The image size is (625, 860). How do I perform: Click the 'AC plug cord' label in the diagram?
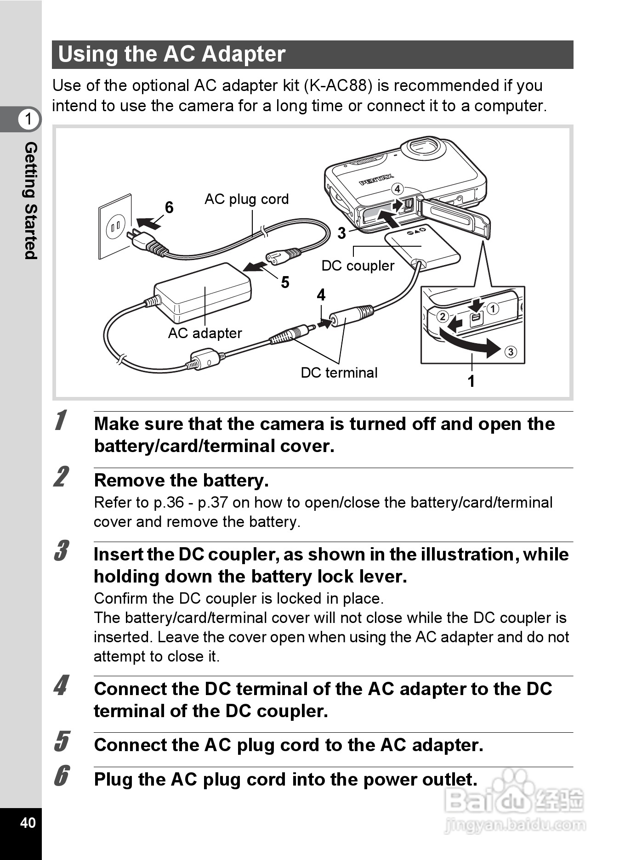pyautogui.click(x=246, y=199)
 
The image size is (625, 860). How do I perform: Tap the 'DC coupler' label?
pyautogui.click(x=358, y=266)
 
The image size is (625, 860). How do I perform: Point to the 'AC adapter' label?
pyautogui.click(x=205, y=333)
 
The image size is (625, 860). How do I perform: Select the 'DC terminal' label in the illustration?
pyautogui.click(x=339, y=373)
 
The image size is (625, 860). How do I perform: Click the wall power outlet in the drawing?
pyautogui.click(x=115, y=226)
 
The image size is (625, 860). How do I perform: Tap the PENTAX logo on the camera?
pyautogui.click(x=376, y=180)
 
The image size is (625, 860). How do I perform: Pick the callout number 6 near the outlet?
pyautogui.click(x=169, y=208)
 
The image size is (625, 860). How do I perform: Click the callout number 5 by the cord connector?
pyautogui.click(x=285, y=282)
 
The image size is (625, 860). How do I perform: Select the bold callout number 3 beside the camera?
pyautogui.click(x=341, y=233)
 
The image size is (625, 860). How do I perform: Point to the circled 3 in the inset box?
pyautogui.click(x=511, y=352)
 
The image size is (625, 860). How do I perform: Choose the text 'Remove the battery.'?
pyautogui.click(x=181, y=480)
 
